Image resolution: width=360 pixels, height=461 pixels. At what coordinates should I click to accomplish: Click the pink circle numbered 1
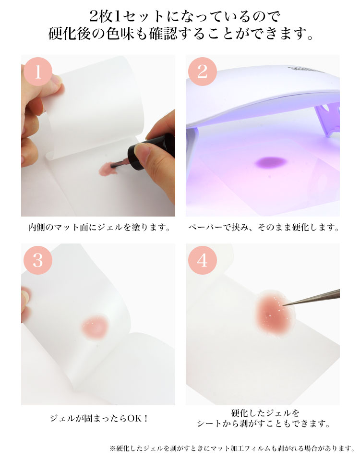coord(37,72)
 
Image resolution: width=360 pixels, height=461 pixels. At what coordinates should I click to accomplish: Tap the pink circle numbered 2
coord(202,72)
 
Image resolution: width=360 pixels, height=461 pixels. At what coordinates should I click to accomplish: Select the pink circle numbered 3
coord(37,260)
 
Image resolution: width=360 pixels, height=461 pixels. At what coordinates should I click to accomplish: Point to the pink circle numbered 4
coord(202,260)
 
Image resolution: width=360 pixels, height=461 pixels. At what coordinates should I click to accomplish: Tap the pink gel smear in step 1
coord(106,169)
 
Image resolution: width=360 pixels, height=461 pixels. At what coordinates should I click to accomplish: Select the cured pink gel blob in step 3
coord(95,327)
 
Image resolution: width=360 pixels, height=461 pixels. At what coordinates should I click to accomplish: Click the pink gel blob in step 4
coord(274,315)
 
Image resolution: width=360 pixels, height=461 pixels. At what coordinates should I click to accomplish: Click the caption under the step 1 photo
coord(99,227)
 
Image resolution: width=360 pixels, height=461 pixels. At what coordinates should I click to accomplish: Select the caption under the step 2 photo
coord(264,227)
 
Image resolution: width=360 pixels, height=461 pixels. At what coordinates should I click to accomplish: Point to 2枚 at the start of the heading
coord(101,16)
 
